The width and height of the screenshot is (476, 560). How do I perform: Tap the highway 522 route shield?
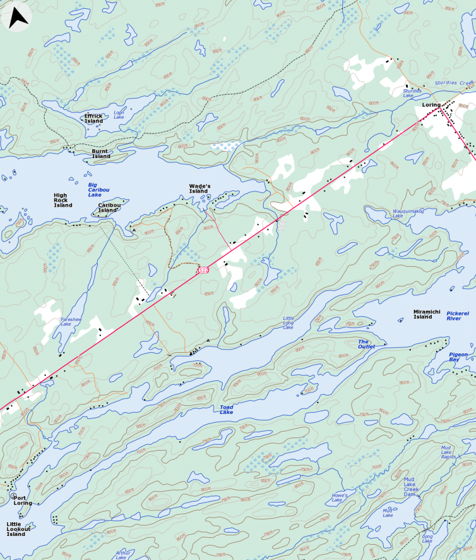pyautogui.click(x=203, y=270)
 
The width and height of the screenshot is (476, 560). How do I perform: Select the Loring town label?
pyautogui.click(x=431, y=105)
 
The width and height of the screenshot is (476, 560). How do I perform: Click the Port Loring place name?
pyautogui.click(x=23, y=500)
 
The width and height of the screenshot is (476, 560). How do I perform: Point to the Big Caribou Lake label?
pyautogui.click(x=95, y=190)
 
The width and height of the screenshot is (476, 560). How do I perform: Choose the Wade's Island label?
pyautogui.click(x=200, y=188)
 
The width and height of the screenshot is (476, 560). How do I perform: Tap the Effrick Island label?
pyautogui.click(x=94, y=119)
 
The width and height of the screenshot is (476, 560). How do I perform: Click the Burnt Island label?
pyautogui.click(x=101, y=154)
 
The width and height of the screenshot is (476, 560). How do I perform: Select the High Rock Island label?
pyautogui.click(x=63, y=200)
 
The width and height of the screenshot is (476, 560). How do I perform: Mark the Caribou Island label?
pyautogui.click(x=108, y=208)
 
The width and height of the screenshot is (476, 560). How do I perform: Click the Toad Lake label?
pyautogui.click(x=227, y=410)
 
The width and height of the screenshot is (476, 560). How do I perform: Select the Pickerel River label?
pyautogui.click(x=458, y=316)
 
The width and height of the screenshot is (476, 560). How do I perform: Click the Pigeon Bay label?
pyautogui.click(x=459, y=357)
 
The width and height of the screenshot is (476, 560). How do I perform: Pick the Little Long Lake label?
pyautogui.click(x=288, y=323)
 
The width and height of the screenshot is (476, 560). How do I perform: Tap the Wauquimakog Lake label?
pyautogui.click(x=406, y=213)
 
